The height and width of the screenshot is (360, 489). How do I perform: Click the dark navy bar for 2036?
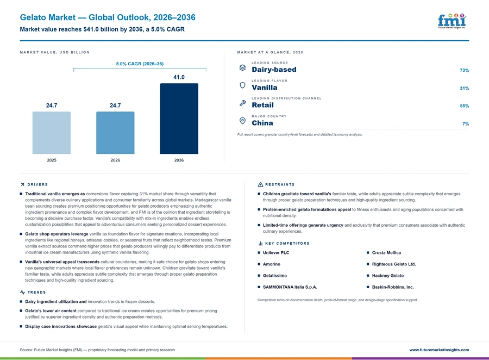click(x=179, y=119)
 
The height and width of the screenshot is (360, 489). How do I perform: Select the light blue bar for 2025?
click(x=52, y=133)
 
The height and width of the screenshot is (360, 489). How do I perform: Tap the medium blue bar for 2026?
click(x=115, y=133)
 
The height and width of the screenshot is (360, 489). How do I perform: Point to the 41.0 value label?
click(x=179, y=77)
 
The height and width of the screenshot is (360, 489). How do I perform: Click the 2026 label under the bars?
click(x=115, y=160)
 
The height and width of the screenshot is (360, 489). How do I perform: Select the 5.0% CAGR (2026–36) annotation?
click(x=140, y=64)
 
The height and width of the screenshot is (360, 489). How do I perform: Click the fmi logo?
click(x=452, y=21)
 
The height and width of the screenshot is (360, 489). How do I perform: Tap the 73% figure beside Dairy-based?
click(x=464, y=70)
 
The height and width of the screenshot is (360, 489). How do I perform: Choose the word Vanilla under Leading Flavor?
click(x=265, y=88)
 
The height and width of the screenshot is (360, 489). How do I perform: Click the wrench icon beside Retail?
click(x=243, y=103)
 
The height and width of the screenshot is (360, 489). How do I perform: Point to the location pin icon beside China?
click(x=242, y=121)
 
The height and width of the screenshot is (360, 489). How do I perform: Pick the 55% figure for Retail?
click(x=464, y=106)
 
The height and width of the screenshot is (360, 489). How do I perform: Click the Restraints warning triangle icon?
click(x=260, y=184)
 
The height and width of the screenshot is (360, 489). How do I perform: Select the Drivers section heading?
click(x=37, y=184)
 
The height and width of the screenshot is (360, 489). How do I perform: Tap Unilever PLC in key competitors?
click(x=276, y=252)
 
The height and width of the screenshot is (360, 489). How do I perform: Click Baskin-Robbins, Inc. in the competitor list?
click(x=393, y=287)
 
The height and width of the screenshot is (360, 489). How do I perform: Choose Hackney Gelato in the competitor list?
click(x=387, y=276)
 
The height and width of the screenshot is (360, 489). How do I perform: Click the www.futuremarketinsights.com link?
click(x=439, y=350)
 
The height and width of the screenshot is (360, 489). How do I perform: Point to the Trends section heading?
click(x=36, y=292)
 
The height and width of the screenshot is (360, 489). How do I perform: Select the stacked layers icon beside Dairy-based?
click(x=243, y=67)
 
